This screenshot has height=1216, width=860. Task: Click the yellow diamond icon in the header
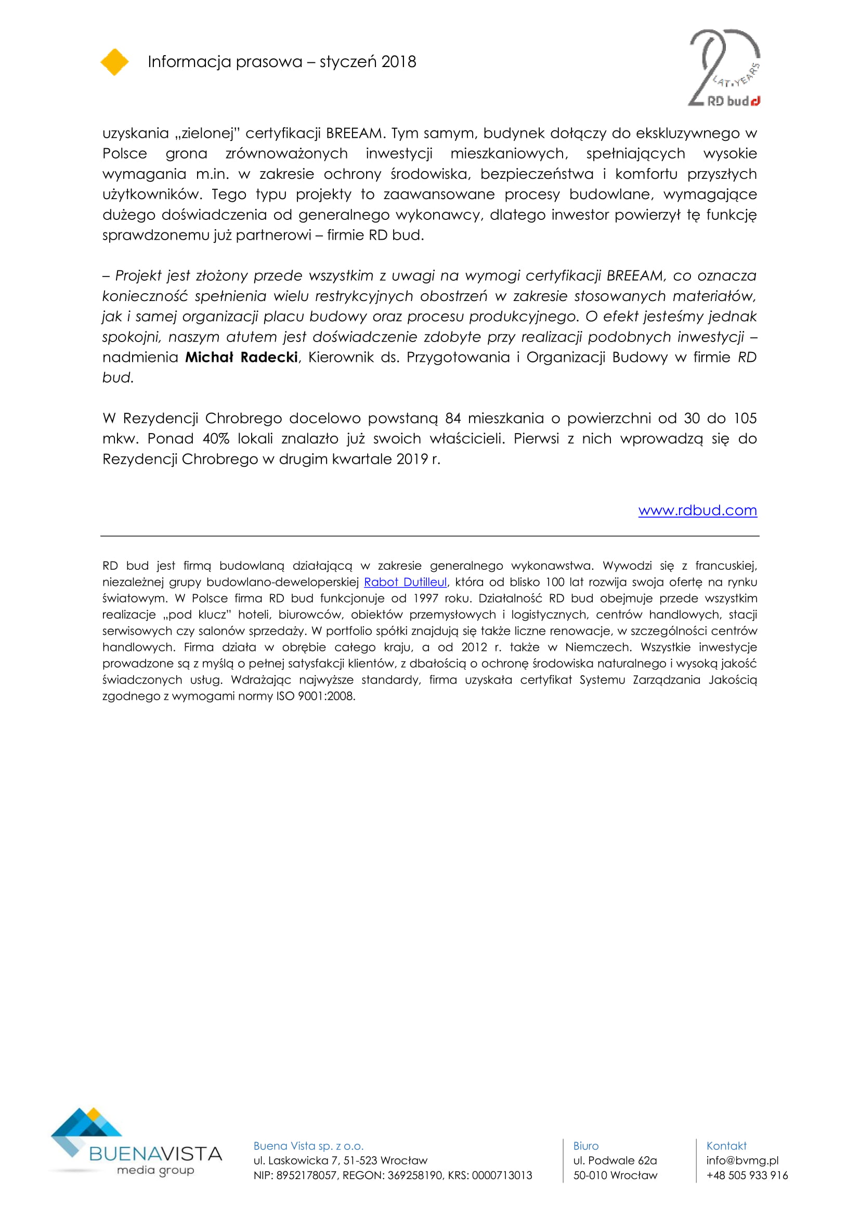click(114, 62)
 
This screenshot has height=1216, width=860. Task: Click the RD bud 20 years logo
click(724, 68)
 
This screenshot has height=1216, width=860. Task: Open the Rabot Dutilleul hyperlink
click(405, 582)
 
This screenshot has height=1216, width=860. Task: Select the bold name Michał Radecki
click(241, 358)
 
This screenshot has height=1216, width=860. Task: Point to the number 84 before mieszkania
click(453, 419)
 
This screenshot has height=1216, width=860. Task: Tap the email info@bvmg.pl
click(742, 1160)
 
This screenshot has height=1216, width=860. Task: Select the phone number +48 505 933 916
click(747, 1175)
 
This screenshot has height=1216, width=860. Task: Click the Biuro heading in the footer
click(585, 1146)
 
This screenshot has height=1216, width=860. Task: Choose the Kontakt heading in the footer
click(726, 1146)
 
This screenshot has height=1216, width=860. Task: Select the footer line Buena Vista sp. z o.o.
click(308, 1146)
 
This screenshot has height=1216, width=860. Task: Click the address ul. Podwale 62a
click(614, 1160)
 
